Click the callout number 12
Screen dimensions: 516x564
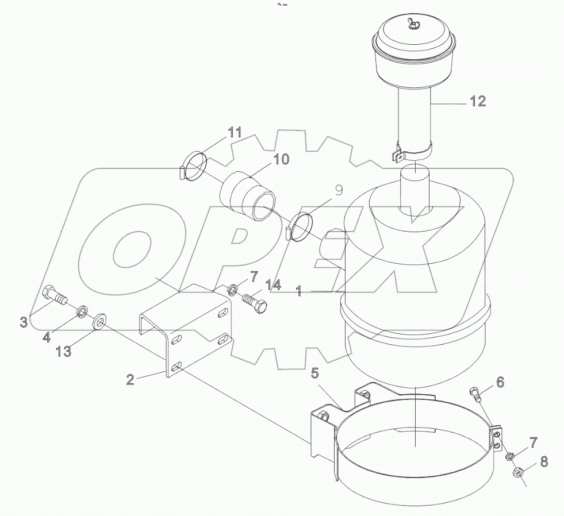477,102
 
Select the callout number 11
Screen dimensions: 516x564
235,133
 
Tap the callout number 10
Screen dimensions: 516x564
281,159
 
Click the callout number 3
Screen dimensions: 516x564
24,322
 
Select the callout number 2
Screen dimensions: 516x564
130,379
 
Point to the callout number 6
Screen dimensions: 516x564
500,381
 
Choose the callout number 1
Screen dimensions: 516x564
298,292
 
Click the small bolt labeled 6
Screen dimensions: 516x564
475,394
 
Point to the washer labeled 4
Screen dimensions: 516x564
82,313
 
